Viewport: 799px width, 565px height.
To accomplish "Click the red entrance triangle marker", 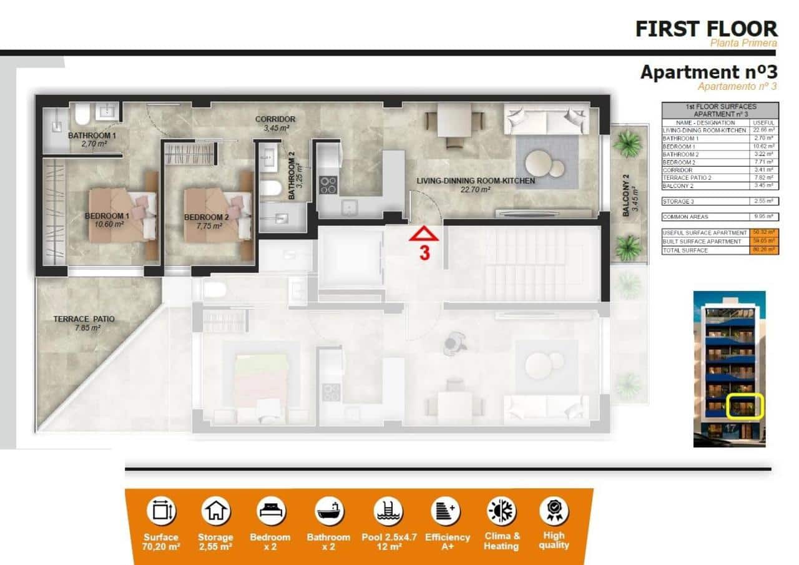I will pos(424,235).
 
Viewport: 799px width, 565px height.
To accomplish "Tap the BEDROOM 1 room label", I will pos(107,217).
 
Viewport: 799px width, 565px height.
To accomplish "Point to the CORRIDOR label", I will pos(275,119).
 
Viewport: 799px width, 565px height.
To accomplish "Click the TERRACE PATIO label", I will pos(84,319).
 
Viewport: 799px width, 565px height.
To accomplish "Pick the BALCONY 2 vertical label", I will pos(625,195).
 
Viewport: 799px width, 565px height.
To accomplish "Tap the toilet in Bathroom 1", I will pos(82,115).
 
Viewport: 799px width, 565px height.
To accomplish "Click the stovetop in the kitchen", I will pos(328,184).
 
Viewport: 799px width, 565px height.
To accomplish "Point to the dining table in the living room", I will pos(454,119).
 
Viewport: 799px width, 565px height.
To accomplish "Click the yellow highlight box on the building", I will pos(746,406).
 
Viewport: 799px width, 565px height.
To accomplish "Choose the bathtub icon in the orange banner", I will pos(329,511).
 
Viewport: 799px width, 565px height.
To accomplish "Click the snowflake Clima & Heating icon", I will pos(501,511).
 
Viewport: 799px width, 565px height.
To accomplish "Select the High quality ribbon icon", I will pos(554,511).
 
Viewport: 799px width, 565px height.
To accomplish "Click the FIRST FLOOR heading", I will pos(706,29).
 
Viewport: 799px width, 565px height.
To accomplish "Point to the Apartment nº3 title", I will pos(708,72).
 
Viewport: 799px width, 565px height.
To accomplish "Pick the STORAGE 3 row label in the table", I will pos(677,202).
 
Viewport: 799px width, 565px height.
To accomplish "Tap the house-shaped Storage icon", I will pos(215,511).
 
